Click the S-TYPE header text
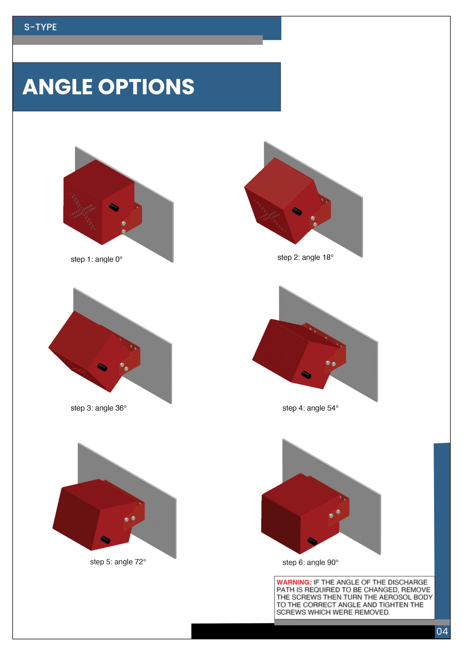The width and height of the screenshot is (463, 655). pos(40,27)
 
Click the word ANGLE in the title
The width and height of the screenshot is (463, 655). pos(57,87)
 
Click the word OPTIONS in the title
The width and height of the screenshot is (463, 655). pos(146,87)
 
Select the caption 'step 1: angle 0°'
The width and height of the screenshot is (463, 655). pos(96,259)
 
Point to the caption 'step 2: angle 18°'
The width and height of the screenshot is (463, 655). pos(305,257)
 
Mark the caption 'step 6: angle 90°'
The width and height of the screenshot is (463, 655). pos(310,563)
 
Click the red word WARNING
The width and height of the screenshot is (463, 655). pos(294,582)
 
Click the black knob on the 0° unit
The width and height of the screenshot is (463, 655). pos(114,208)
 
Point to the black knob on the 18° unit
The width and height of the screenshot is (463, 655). pos(297,211)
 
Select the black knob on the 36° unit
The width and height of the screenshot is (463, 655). pos(102,367)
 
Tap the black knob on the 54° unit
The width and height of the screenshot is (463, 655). pos(306,375)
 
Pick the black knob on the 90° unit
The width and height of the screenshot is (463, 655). pos(312,541)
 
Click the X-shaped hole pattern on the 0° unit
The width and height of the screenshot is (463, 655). pos(83,211)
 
